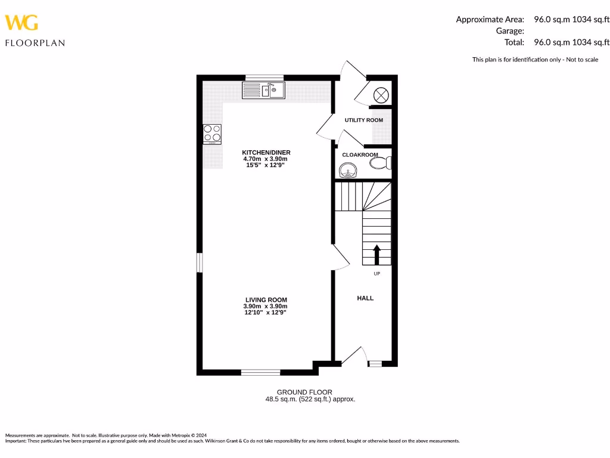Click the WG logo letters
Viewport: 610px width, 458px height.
pyautogui.click(x=21, y=23)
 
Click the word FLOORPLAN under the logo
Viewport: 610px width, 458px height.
pyautogui.click(x=35, y=43)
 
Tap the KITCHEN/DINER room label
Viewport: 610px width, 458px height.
pyautogui.click(x=266, y=153)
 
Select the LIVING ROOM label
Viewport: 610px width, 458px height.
pyautogui.click(x=266, y=300)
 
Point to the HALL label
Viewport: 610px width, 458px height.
pyautogui.click(x=365, y=298)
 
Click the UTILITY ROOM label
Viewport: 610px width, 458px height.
pyautogui.click(x=363, y=120)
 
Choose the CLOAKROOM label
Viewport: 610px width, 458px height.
pyautogui.click(x=360, y=155)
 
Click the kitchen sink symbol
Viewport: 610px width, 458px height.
pyautogui.click(x=264, y=91)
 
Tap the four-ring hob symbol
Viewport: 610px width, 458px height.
pyautogui.click(x=212, y=134)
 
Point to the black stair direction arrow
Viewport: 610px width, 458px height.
pyautogui.click(x=376, y=254)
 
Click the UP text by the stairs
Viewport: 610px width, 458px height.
pyautogui.click(x=376, y=274)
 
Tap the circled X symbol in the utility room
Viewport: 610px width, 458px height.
pyautogui.click(x=381, y=94)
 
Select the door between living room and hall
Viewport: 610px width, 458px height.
pyautogui.click(x=341, y=258)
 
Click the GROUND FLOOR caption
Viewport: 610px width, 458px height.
pyautogui.click(x=310, y=392)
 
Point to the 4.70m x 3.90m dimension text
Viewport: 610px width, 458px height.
pyautogui.click(x=266, y=159)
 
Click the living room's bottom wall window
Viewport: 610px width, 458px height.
pyautogui.click(x=260, y=373)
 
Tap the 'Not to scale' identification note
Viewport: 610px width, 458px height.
pyautogui.click(x=535, y=59)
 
